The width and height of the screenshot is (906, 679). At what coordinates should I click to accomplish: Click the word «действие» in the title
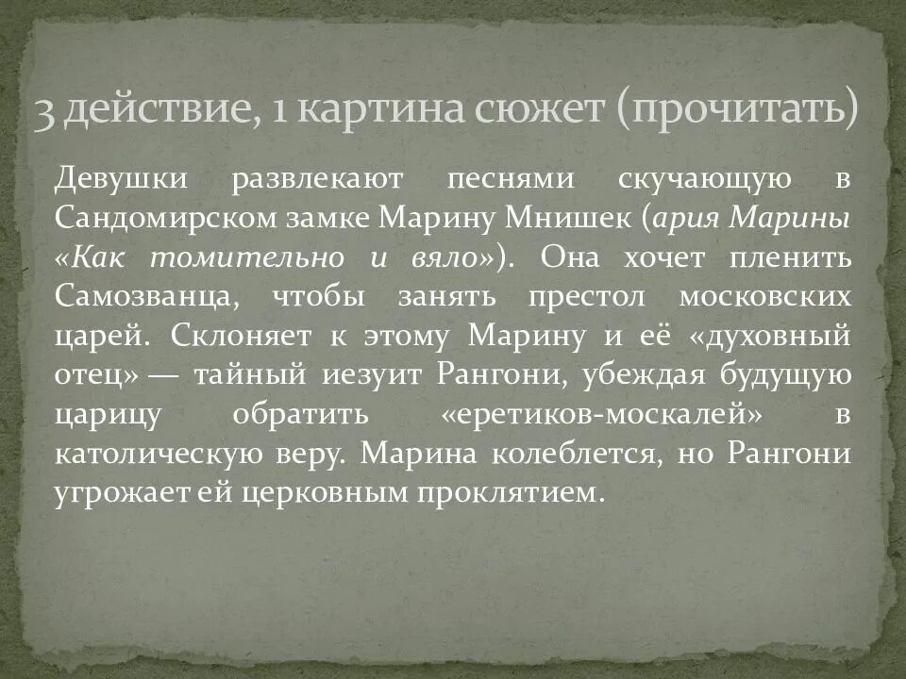pos(151,112)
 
